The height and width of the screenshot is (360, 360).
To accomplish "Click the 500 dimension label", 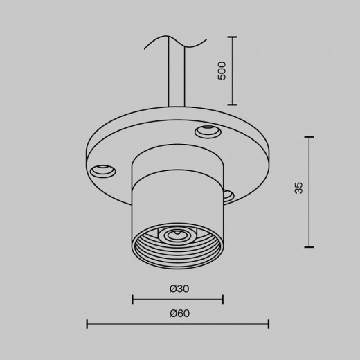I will pyautogui.click(x=222, y=71).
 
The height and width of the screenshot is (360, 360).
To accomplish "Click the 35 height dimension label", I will pyautogui.click(x=298, y=188).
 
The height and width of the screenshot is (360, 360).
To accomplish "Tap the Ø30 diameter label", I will pyautogui.click(x=177, y=288).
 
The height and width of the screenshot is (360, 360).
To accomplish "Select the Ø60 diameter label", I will pyautogui.click(x=179, y=313).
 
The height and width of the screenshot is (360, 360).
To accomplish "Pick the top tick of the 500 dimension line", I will pyautogui.click(x=232, y=37).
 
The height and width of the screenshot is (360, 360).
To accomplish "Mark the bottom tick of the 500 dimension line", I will pyautogui.click(x=232, y=105).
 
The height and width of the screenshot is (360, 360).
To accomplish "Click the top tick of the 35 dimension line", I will pyautogui.click(x=309, y=137).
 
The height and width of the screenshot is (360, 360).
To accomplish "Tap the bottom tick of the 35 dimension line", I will pyautogui.click(x=309, y=247).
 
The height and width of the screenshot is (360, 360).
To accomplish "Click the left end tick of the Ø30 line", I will pyautogui.click(x=132, y=299).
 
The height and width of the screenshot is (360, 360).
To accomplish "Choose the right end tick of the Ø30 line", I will pyautogui.click(x=222, y=299).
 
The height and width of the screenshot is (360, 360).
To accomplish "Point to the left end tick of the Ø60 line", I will pyautogui.click(x=87, y=324).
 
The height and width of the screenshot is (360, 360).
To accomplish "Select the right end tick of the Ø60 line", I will pyautogui.click(x=268, y=324).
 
